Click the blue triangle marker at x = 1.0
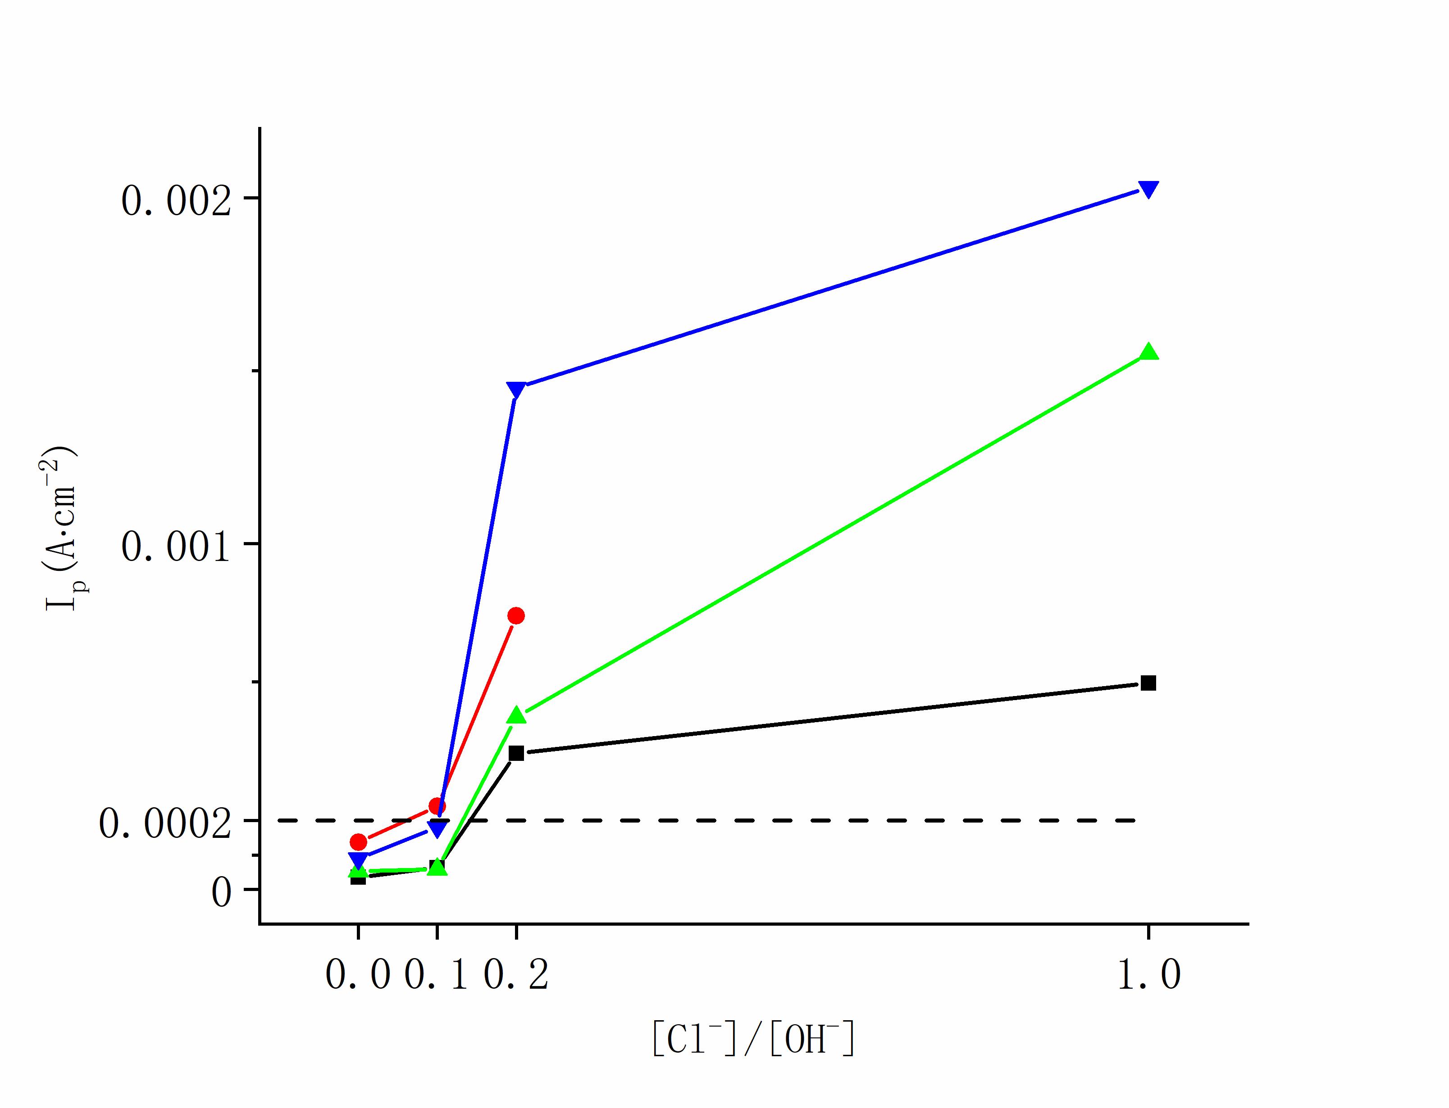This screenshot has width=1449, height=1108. pos(1148,189)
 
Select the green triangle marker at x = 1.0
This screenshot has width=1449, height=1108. pos(1148,352)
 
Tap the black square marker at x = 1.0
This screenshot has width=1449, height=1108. pos(1148,683)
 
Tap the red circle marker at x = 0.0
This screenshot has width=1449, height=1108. pos(358,841)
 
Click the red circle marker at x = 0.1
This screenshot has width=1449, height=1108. pos(437,806)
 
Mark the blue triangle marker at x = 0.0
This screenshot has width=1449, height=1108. pos(358,859)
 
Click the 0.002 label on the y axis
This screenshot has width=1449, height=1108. pos(176,200)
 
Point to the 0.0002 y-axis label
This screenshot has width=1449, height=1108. pos(165,823)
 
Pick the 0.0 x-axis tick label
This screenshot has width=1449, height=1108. pos(358,974)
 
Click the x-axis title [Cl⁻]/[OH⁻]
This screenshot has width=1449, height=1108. pos(753,1040)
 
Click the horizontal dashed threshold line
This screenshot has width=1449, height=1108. pos(726,820)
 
